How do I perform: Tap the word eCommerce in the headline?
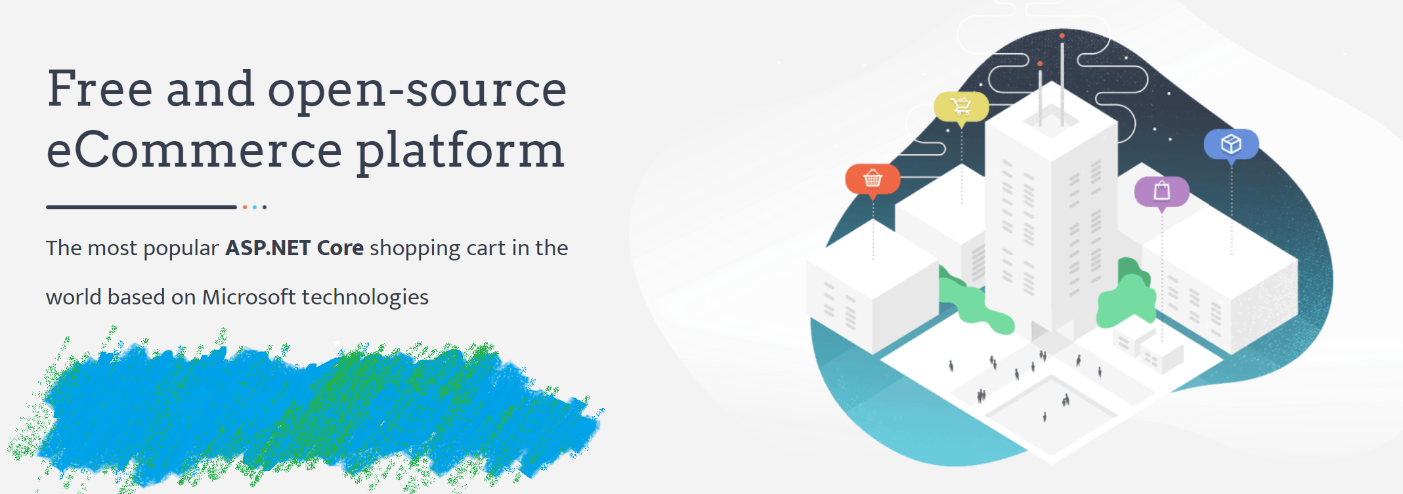(x=194, y=150)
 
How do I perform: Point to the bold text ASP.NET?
(x=268, y=248)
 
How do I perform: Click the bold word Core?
(x=340, y=248)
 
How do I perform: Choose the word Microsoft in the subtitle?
(x=249, y=297)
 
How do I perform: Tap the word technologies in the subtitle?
(x=365, y=298)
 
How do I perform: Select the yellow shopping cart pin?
(x=961, y=107)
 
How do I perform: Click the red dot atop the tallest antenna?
(x=1062, y=35)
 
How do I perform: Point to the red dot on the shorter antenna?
(x=1040, y=64)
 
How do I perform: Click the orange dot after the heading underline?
(x=245, y=207)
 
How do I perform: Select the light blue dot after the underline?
(x=255, y=207)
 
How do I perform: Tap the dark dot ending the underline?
(x=265, y=207)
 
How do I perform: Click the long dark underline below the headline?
(x=141, y=207)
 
